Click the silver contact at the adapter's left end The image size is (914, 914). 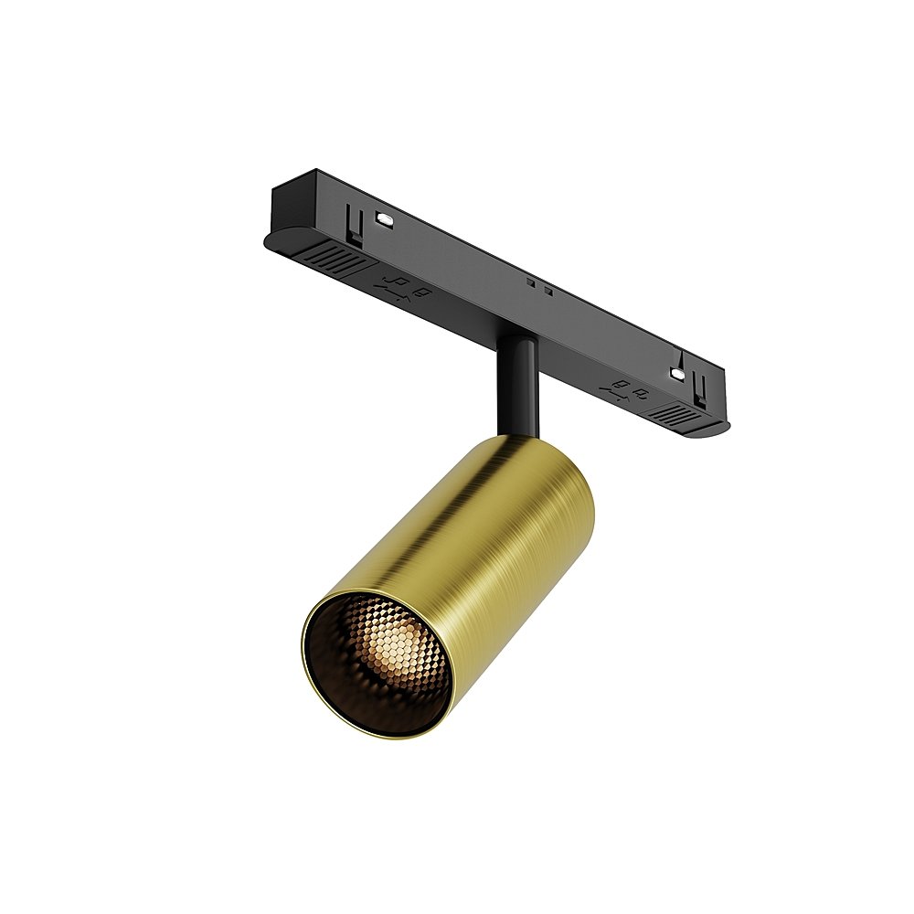(x=384, y=219)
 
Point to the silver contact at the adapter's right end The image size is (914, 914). (x=677, y=373)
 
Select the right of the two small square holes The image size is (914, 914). (x=547, y=292)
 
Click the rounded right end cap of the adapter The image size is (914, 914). (x=724, y=424)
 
